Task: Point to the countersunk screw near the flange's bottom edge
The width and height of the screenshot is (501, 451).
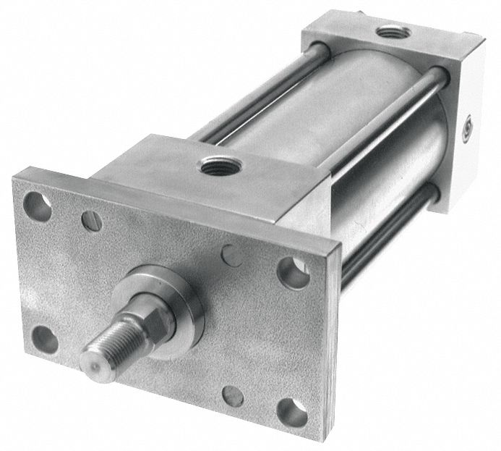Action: click(233, 395)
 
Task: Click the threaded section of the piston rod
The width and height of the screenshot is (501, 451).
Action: click(108, 346)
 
